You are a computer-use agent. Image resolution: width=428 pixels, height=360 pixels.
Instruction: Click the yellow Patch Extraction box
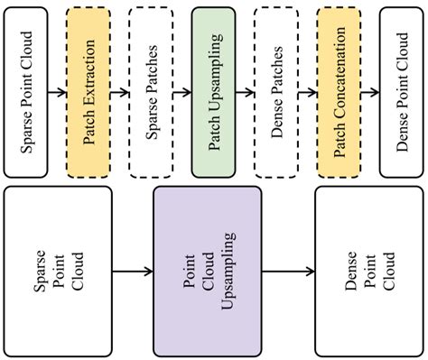point(88,91)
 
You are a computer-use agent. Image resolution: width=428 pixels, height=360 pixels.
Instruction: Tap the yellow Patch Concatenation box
point(339,91)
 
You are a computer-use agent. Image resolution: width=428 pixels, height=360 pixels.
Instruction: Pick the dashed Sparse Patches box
point(151,91)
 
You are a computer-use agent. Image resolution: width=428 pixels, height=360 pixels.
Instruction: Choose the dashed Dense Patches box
point(276,91)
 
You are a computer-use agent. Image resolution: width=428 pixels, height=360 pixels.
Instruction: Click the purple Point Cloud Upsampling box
point(207,270)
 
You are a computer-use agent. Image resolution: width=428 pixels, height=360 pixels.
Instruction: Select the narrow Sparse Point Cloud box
point(26,91)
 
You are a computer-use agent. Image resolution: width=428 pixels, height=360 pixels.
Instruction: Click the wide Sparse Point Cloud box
point(58,270)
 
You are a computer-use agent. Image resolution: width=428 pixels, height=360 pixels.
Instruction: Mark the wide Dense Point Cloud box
point(368,270)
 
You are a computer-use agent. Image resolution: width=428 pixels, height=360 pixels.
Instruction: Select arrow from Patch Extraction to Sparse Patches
point(120,91)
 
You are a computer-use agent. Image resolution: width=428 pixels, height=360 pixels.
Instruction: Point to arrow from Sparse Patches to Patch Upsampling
point(182,91)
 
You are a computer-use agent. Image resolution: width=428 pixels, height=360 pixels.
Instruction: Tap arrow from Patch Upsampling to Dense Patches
point(245,91)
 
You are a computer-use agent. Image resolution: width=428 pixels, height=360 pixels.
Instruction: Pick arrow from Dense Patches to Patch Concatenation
point(307,91)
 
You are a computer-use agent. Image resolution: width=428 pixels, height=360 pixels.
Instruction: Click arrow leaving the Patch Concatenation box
point(370,91)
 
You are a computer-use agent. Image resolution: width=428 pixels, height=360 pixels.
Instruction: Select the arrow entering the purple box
point(133,270)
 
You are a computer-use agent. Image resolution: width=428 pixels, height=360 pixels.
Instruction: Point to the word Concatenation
point(340,73)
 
